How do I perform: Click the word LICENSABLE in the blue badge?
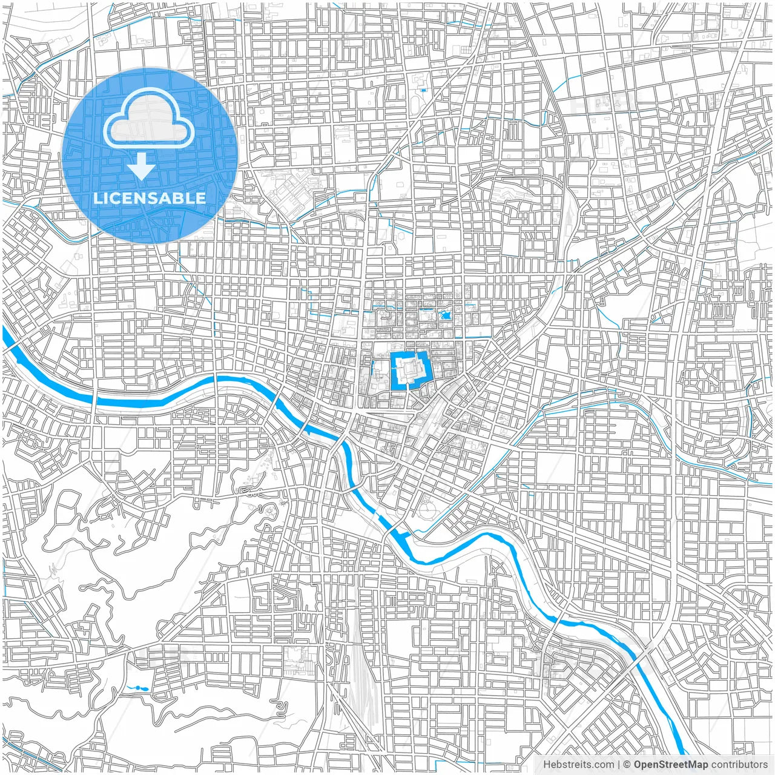(x=150, y=198)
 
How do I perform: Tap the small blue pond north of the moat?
(x=446, y=315)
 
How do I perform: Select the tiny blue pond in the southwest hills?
(x=137, y=688)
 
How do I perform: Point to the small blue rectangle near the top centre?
(x=423, y=90)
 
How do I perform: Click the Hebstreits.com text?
(x=578, y=765)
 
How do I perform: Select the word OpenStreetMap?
(x=671, y=765)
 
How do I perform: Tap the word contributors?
(x=739, y=765)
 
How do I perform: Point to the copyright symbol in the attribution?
(x=627, y=765)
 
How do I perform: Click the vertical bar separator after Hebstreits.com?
(x=618, y=765)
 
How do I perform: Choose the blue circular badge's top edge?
(x=150, y=68)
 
